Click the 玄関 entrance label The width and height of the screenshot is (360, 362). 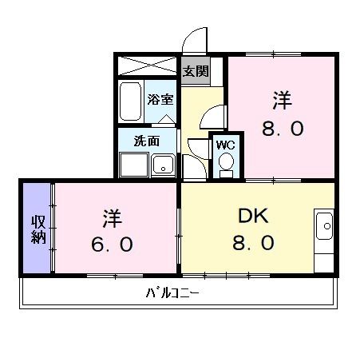[196, 71]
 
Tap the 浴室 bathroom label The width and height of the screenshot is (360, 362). [160, 100]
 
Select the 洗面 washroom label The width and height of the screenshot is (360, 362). [146, 141]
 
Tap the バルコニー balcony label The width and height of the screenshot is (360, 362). [172, 292]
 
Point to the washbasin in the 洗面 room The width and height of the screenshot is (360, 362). [164, 166]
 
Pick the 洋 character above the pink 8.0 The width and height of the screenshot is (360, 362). [283, 101]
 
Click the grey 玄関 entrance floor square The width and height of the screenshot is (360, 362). [196, 71]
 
